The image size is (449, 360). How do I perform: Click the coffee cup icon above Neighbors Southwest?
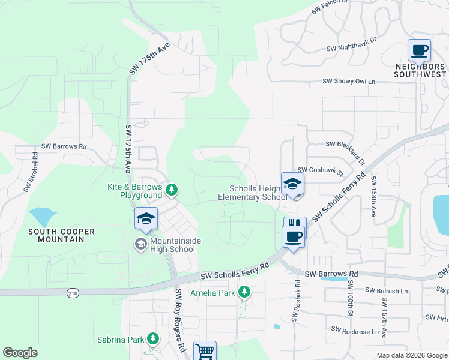418,50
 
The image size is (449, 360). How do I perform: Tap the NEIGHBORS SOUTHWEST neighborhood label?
420,70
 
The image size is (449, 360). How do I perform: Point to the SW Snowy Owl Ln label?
348,81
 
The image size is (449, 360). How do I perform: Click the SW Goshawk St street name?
319,170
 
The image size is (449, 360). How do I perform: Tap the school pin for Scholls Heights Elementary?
292,184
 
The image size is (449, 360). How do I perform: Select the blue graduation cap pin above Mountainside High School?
146,219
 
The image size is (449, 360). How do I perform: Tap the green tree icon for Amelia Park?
244,292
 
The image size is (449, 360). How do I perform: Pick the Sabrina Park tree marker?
153,340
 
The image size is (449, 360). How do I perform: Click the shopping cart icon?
205,351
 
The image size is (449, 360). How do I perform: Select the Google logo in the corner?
20,353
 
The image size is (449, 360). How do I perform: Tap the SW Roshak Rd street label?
296,300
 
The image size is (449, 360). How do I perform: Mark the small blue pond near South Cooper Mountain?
40,215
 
